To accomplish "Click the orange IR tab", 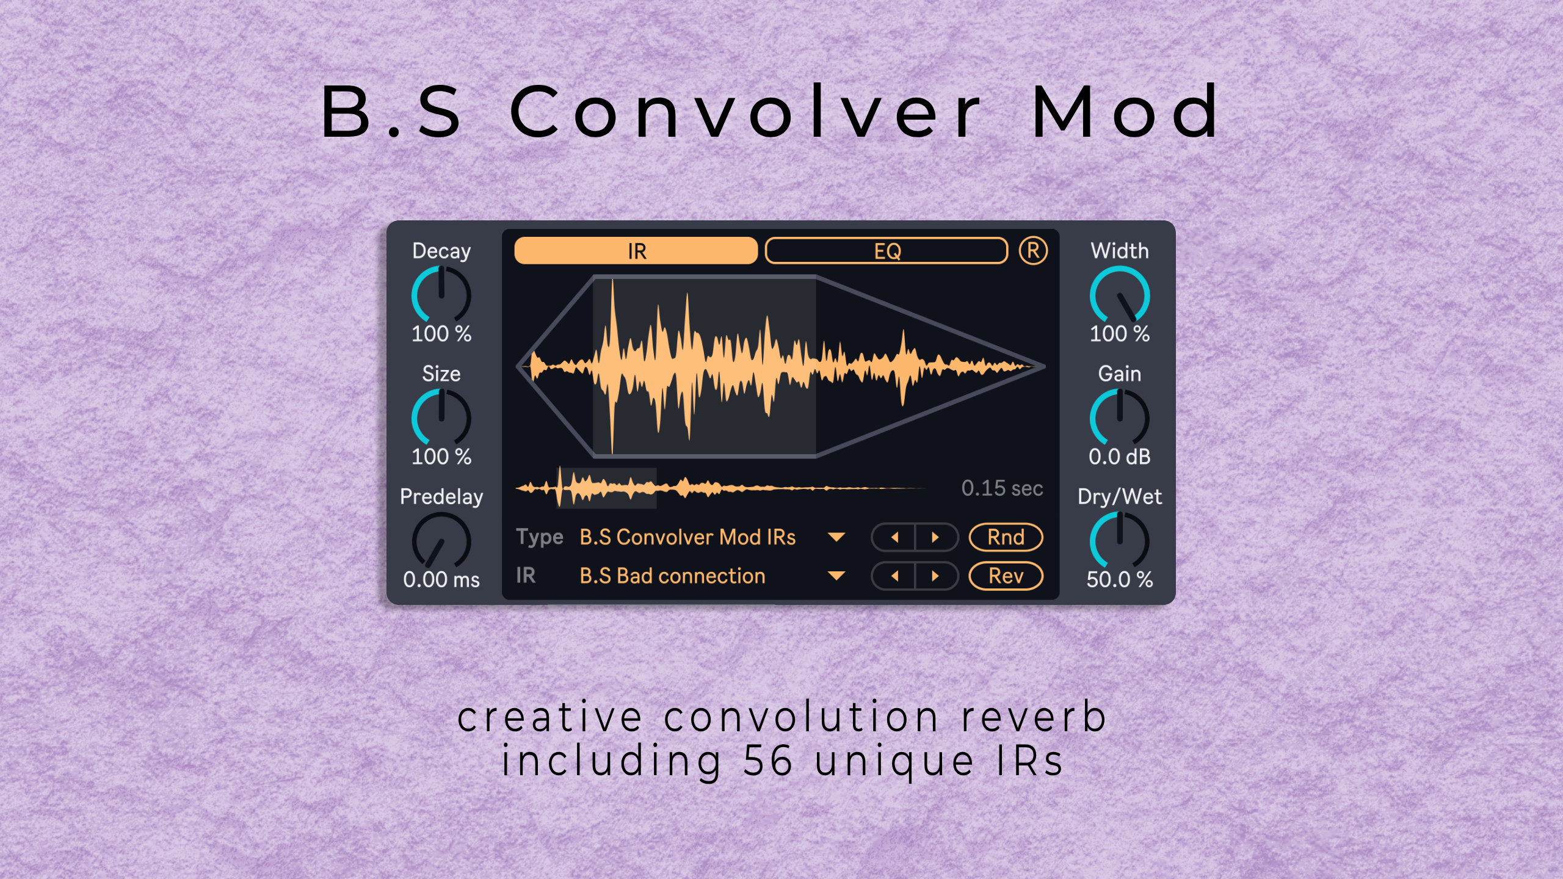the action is (636, 251).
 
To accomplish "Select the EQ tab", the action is (887, 251).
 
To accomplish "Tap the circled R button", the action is (1033, 251).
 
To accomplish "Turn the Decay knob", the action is (441, 295).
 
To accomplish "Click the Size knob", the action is (441, 418).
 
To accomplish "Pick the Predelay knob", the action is (441, 541).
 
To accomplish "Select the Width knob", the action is (1120, 295).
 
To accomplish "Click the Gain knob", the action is (1120, 418).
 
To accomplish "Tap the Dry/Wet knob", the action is (1120, 541).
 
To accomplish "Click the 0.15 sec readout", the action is (1002, 488).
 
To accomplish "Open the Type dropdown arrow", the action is (836, 537).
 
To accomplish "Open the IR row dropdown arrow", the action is (836, 576).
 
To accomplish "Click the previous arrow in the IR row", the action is (894, 576).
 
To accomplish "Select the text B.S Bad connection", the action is (672, 576).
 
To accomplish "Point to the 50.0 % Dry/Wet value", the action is (1120, 579).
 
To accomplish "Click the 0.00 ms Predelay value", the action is (441, 579).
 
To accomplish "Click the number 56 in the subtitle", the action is (769, 761).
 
